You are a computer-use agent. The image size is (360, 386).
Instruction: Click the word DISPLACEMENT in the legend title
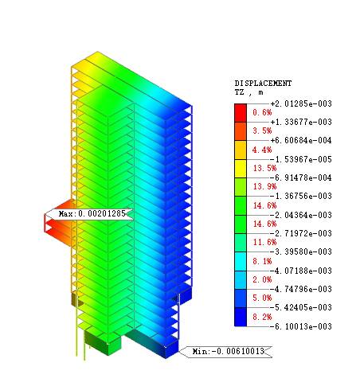coord(263,84)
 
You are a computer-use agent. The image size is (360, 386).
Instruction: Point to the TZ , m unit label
coord(248,92)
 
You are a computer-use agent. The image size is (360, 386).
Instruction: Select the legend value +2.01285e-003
coord(301,103)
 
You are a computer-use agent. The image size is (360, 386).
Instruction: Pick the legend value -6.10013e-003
coord(301,326)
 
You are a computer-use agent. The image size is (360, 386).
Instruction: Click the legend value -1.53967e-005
coord(301,159)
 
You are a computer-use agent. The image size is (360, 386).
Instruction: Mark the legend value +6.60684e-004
coord(301,140)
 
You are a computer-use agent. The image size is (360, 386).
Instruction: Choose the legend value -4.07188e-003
coord(301,271)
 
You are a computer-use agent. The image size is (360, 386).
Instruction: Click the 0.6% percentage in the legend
coord(262,112)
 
